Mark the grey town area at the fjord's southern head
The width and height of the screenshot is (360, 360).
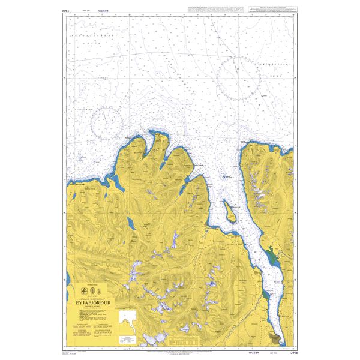point(275,339)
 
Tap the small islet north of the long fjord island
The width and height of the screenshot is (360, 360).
point(226,178)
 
